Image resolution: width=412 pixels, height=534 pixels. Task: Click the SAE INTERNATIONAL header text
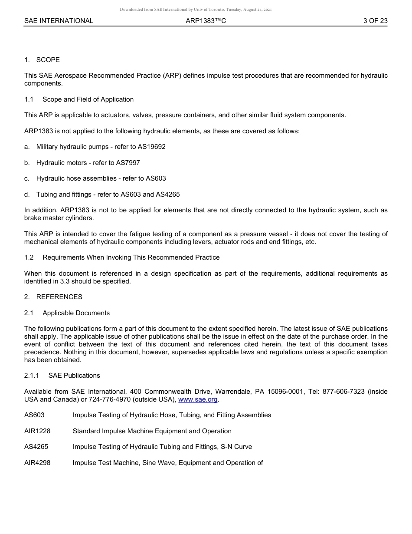pyautogui.click(x=59, y=20)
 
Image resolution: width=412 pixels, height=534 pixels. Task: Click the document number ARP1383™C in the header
pyautogui.click(x=206, y=20)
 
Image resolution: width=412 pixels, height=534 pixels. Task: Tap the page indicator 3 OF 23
pyautogui.click(x=375, y=20)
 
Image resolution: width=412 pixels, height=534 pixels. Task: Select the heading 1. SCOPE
pyautogui.click(x=42, y=59)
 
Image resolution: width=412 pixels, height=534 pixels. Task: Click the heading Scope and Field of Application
pyautogui.click(x=88, y=99)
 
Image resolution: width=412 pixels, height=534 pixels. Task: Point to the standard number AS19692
pyautogui.click(x=151, y=147)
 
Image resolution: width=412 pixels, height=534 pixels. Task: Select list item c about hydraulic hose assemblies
pyautogui.click(x=95, y=178)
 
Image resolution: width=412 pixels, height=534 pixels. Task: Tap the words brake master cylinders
pyautogui.click(x=59, y=218)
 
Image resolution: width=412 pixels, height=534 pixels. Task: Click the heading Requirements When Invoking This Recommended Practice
pyautogui.click(x=131, y=257)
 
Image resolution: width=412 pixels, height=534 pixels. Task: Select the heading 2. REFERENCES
pyautogui.click(x=53, y=297)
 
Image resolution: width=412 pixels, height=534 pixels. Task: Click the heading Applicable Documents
pyautogui.click(x=76, y=313)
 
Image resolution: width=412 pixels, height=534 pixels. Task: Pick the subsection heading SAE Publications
pyautogui.click(x=74, y=376)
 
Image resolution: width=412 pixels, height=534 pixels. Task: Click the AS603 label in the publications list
pyautogui.click(x=34, y=415)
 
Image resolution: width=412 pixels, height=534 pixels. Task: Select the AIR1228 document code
pyautogui.click(x=37, y=431)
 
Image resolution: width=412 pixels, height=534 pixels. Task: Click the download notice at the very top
pyautogui.click(x=196, y=9)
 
